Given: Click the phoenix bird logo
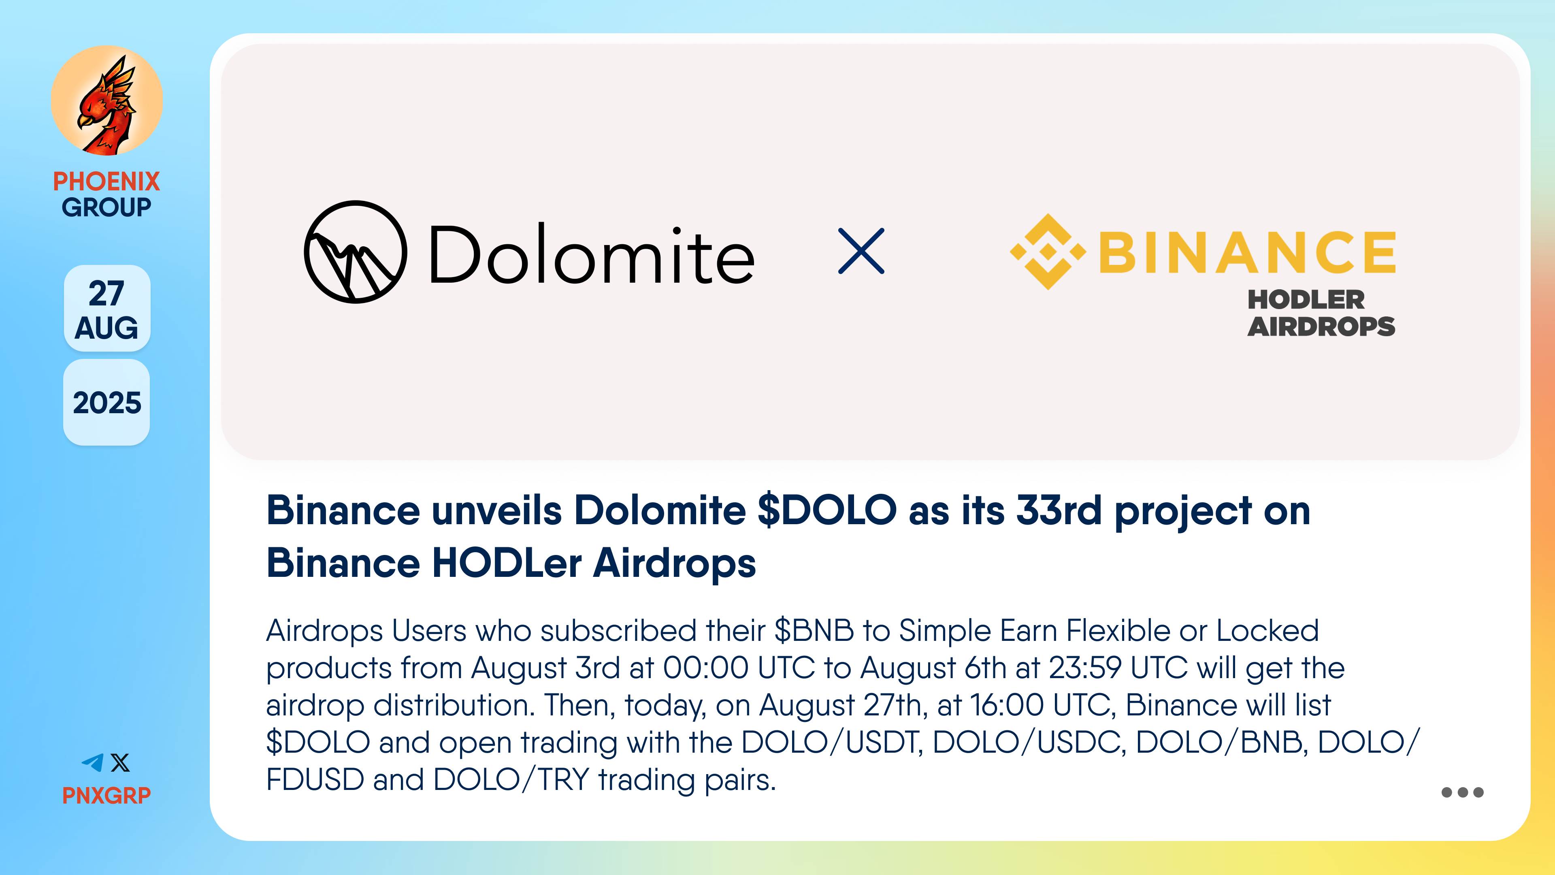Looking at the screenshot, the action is (x=107, y=101).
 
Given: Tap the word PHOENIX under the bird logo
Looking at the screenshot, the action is (x=107, y=181).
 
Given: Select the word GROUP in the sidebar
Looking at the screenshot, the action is (x=107, y=207).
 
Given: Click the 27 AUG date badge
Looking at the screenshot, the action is (x=107, y=309).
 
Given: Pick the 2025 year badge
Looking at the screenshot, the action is (x=107, y=402).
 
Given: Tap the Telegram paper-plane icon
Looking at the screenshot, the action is (x=93, y=763).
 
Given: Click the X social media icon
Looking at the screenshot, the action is (x=121, y=763).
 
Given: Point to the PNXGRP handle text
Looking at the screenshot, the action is (x=107, y=795).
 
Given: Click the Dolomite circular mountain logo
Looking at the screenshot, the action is (x=356, y=252).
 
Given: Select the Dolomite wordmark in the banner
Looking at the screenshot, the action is (x=592, y=254).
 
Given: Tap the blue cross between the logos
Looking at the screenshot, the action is (x=861, y=251).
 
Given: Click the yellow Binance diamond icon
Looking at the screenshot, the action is (x=1048, y=251).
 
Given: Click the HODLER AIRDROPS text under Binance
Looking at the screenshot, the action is (x=1321, y=313).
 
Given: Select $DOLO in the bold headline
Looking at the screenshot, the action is (x=827, y=510).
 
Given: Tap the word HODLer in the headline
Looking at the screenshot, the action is (x=507, y=563).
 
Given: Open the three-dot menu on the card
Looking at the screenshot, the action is (x=1462, y=792).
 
